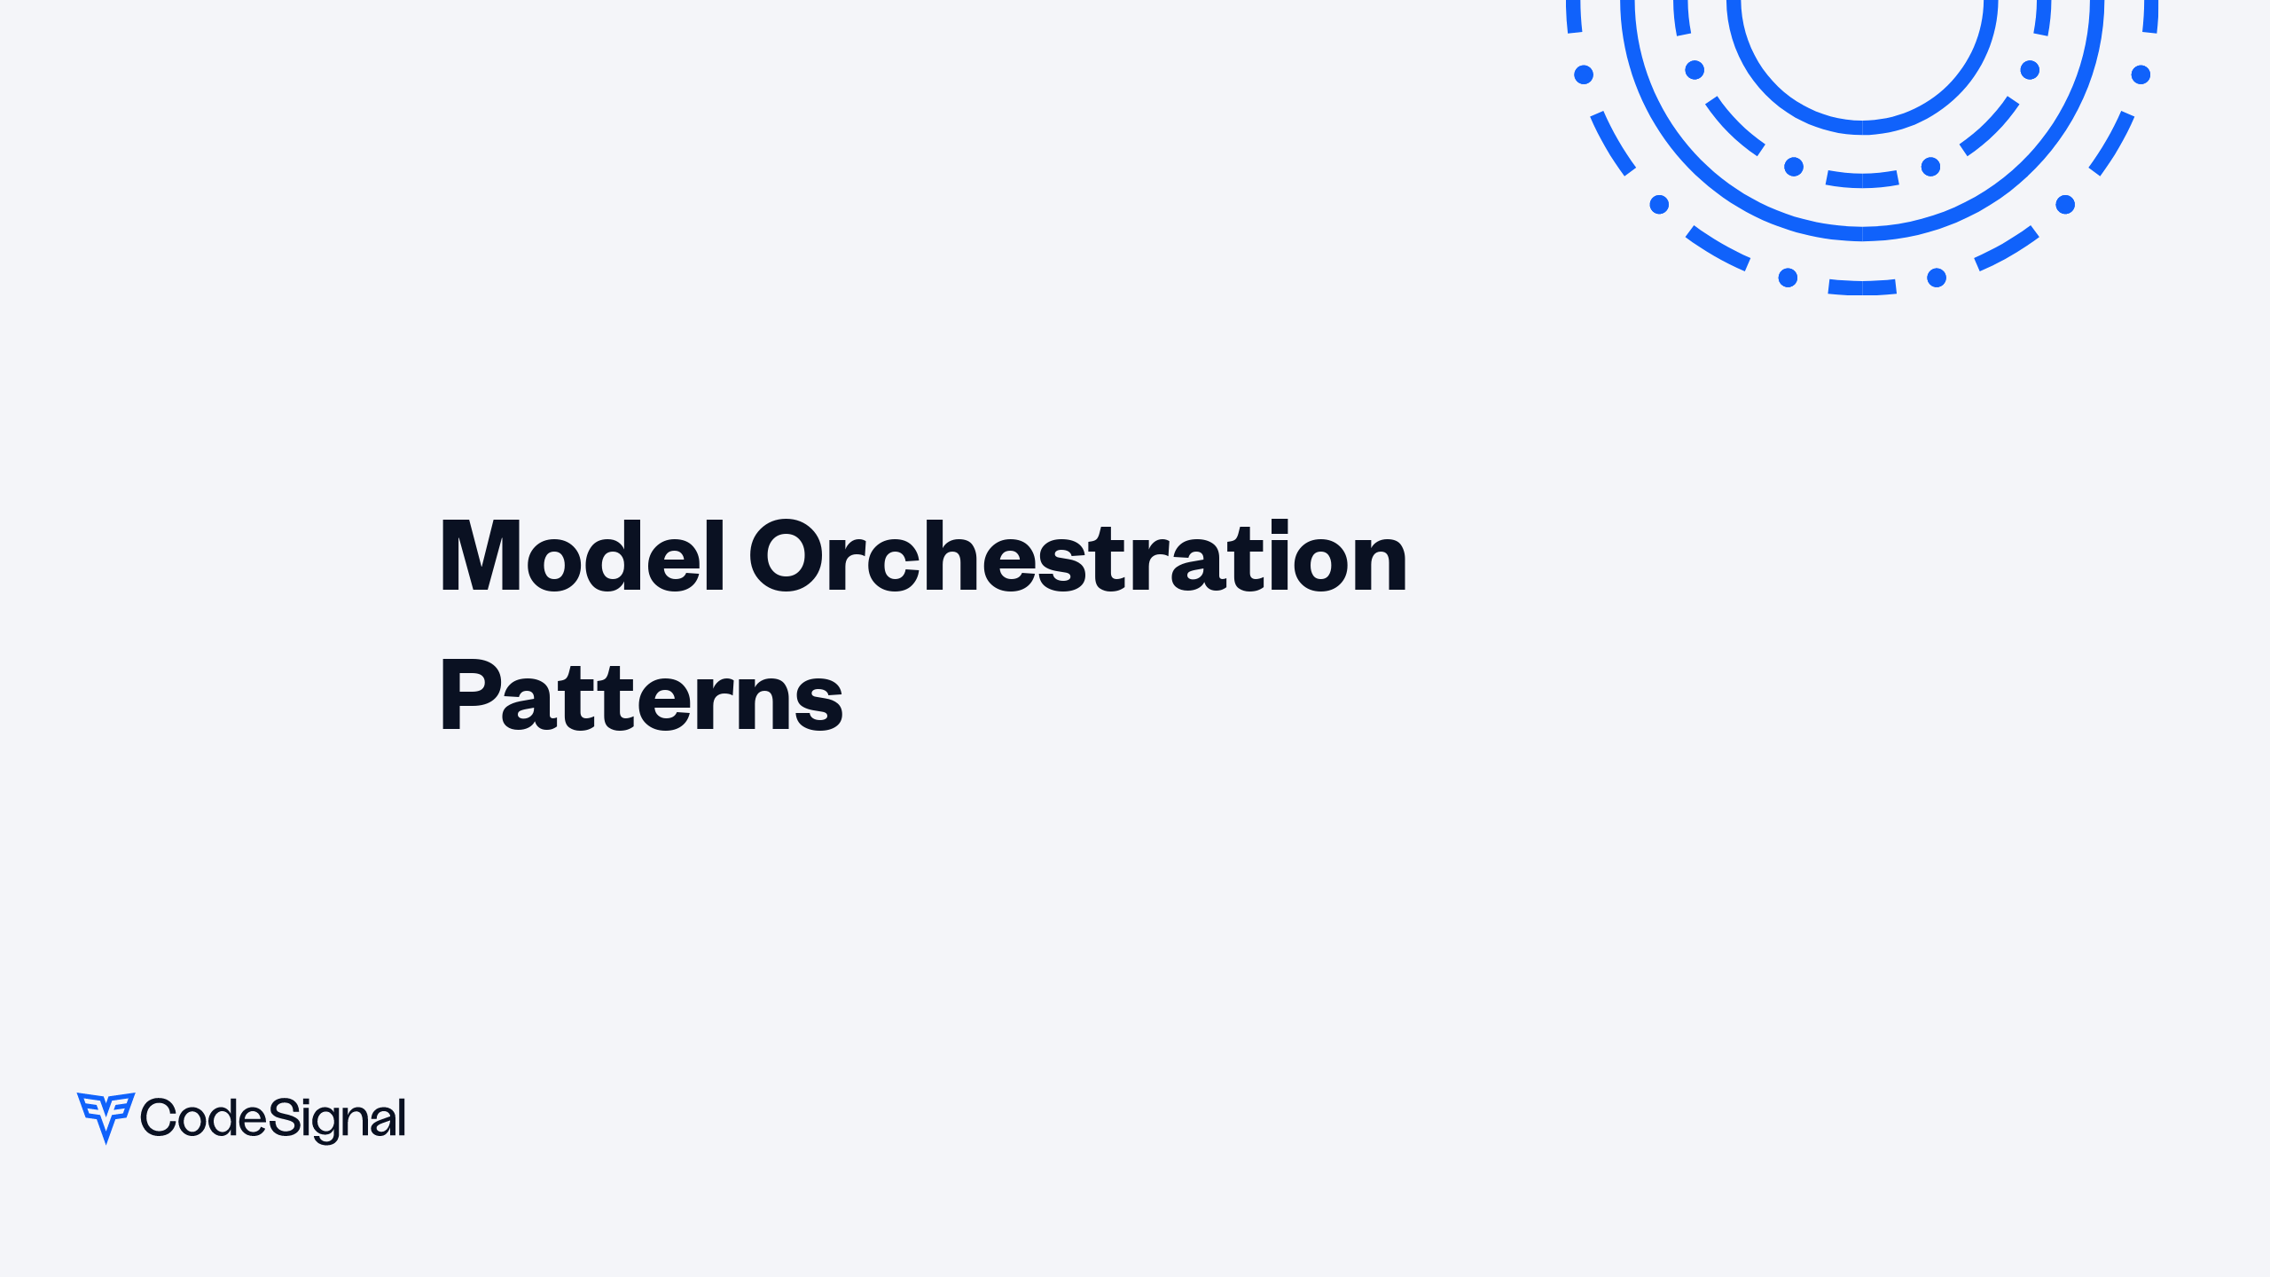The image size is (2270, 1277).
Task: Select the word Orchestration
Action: (x=1077, y=557)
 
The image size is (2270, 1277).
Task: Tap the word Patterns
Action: (x=640, y=697)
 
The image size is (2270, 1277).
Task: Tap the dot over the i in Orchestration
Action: (x=1274, y=526)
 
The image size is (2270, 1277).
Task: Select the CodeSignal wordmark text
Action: (x=273, y=1118)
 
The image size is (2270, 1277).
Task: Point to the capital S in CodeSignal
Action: (x=281, y=1117)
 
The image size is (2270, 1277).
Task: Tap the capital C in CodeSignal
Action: (x=158, y=1117)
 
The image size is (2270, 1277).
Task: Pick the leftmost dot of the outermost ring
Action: (x=1584, y=74)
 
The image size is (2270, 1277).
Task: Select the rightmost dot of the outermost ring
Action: (x=2141, y=74)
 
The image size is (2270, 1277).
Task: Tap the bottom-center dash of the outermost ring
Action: (x=1862, y=287)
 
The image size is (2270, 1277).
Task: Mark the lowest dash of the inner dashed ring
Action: (x=1862, y=180)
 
